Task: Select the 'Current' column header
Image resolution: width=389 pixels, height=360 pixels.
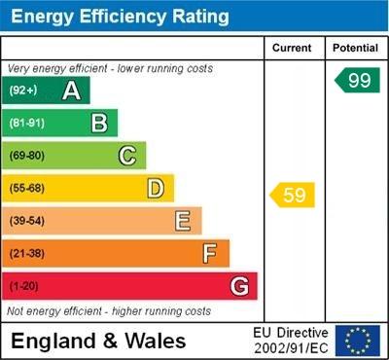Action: coord(292,48)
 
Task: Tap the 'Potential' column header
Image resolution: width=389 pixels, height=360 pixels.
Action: coord(355,48)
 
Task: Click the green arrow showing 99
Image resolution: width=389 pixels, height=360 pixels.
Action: coord(357,81)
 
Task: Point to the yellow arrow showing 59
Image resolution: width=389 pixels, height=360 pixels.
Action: coord(293,196)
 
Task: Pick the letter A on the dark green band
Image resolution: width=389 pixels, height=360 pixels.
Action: coord(71,91)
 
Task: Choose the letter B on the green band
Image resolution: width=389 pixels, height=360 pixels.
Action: coord(99,123)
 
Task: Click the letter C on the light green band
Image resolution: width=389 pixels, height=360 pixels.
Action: coord(126,156)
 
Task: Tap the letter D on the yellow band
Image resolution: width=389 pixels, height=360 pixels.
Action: coord(156,188)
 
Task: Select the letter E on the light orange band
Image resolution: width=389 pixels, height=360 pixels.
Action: coord(183,221)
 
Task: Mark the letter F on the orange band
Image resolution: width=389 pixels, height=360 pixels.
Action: coord(210,254)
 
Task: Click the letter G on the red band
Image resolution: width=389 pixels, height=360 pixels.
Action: coord(239,286)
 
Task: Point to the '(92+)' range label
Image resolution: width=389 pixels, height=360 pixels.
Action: coord(23,91)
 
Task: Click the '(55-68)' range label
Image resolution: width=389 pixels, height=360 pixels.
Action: coord(27,188)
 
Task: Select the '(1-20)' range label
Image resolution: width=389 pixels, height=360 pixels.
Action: coord(24,286)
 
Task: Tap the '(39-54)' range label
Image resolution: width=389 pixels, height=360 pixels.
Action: coord(27,221)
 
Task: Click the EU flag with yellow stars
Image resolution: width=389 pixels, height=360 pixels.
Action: coord(358,341)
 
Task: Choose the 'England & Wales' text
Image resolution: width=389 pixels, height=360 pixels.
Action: coord(99,341)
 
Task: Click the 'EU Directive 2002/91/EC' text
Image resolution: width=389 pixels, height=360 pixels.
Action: coord(291,341)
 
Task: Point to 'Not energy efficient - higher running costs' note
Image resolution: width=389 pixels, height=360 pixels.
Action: coord(109,311)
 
